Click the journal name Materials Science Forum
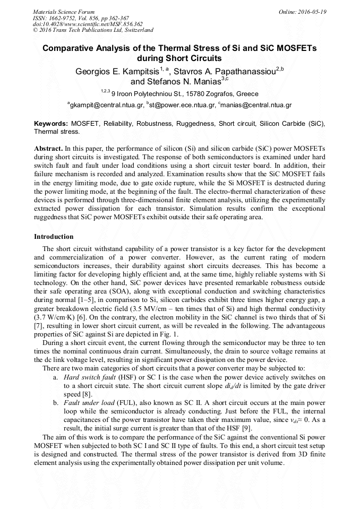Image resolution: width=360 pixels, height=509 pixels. coord(64,12)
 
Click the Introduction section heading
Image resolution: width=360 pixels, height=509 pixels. coord(54,237)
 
